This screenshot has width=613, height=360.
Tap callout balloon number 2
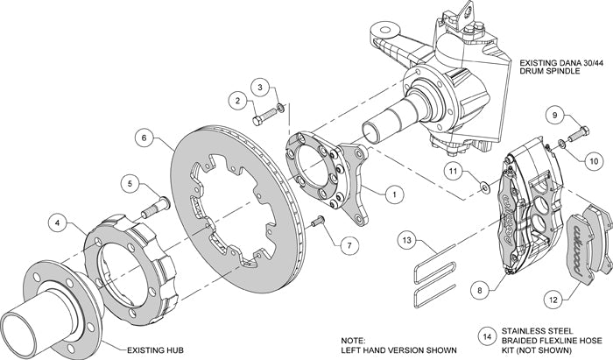pos(237,101)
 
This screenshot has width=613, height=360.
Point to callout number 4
pos(57,223)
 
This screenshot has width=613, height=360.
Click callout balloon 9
pos(555,115)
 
